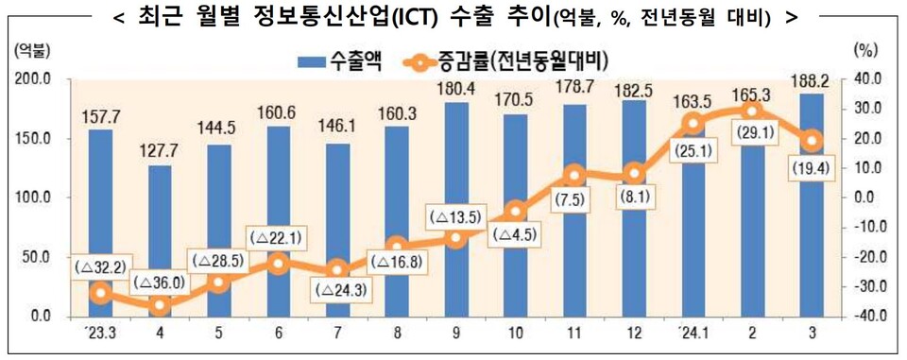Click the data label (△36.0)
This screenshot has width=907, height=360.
click(160, 283)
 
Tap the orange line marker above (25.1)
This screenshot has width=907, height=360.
click(693, 123)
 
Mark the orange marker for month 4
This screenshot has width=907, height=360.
click(160, 305)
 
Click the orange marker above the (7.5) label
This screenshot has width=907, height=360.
click(573, 175)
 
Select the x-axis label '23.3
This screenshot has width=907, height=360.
click(100, 333)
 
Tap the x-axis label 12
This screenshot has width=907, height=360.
click(633, 333)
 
